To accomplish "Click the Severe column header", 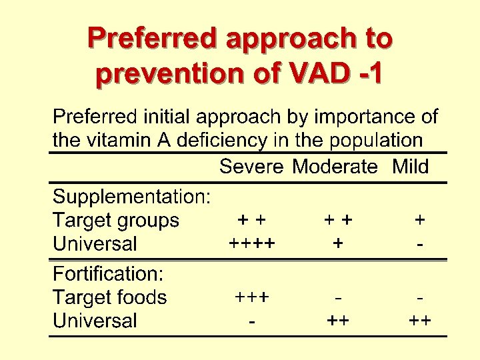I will coord(251,167).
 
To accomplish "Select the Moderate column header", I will coord(335,167).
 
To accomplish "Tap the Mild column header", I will coord(411,167).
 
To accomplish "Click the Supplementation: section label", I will coord(132,197).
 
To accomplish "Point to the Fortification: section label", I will coord(109,274).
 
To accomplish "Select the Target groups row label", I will coord(116,221).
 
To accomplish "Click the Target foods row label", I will coord(109,297).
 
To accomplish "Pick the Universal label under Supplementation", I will coord(95,244).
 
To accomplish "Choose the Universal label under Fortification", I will coord(95,321).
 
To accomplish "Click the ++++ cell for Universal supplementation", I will coord(251,244).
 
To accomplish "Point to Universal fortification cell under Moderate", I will coord(339,321).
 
